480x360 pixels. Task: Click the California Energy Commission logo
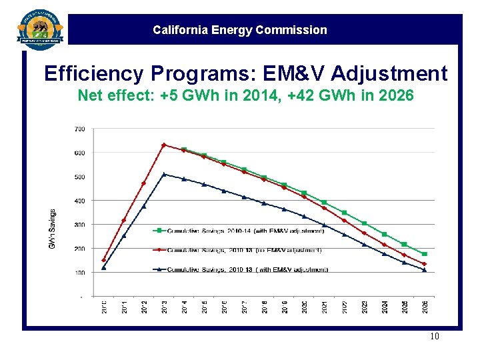[x=40, y=29]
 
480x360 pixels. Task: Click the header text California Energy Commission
[x=240, y=30]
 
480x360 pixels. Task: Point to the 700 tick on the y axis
[x=79, y=129]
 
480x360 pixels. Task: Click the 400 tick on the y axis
[x=79, y=201]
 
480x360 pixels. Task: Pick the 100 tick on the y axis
[x=79, y=273]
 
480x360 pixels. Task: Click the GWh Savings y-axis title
[x=53, y=230]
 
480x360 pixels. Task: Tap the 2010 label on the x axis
[x=104, y=307]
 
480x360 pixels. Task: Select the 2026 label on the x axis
[x=425, y=307]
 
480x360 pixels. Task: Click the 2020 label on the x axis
[x=305, y=307]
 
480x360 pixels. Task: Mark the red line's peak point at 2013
[x=164, y=145]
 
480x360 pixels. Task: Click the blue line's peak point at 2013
[x=164, y=175]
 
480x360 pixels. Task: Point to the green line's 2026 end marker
[x=425, y=254]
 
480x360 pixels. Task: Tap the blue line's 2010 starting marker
[x=104, y=268]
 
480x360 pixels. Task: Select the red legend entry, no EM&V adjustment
[x=244, y=251]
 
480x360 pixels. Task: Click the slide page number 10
[x=434, y=337]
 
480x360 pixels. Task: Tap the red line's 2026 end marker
[x=425, y=264]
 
